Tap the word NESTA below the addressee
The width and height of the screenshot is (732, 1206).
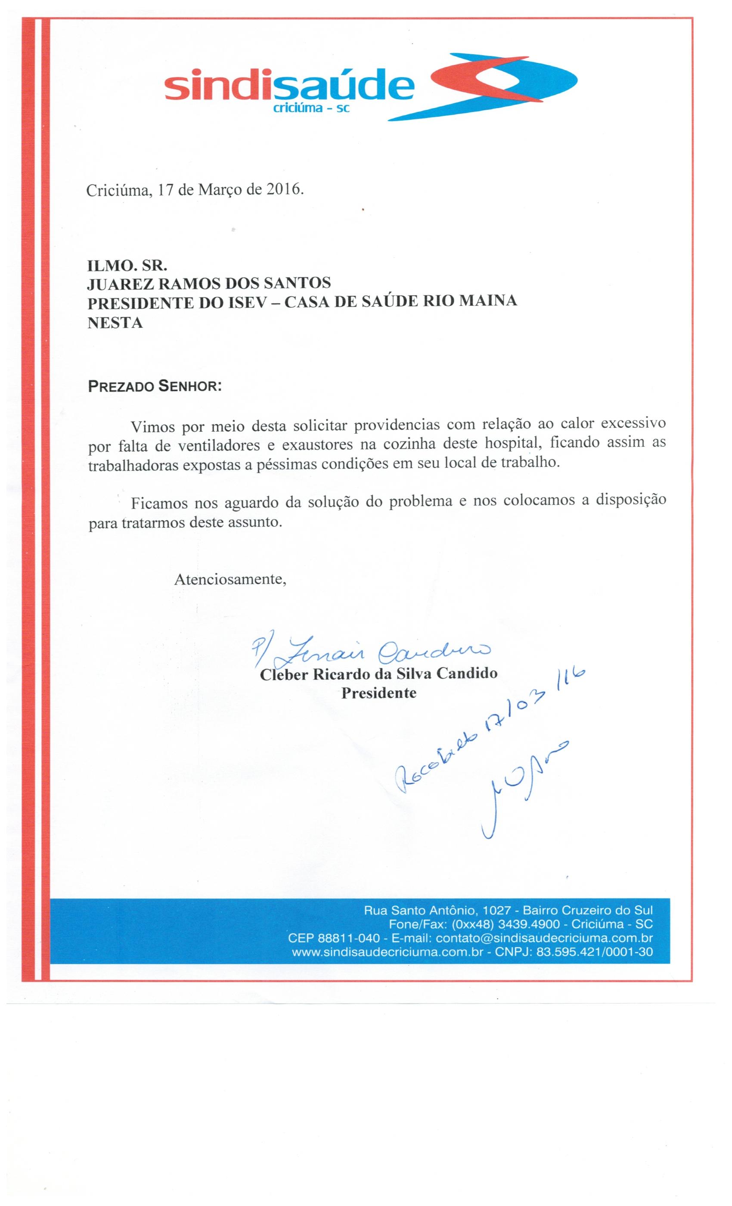pos(115,323)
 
